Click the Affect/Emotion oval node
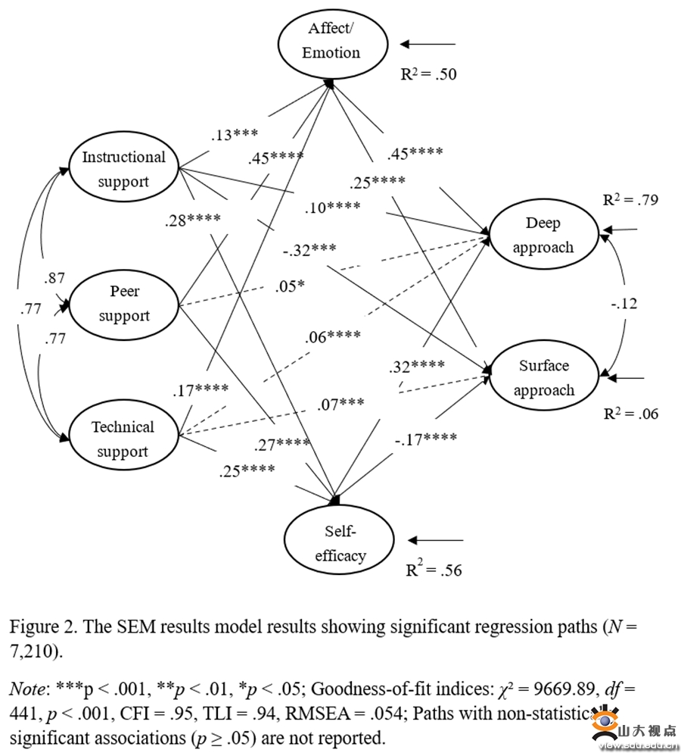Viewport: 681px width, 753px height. coord(331,41)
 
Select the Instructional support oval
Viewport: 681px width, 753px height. coord(123,169)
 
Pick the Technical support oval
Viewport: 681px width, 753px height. coord(123,439)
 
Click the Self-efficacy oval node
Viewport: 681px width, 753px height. coord(340,545)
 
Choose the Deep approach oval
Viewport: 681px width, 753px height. coord(543,234)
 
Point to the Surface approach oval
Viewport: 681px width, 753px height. coord(543,377)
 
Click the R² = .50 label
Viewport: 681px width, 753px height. coord(428,74)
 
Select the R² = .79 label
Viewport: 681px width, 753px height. coord(630,201)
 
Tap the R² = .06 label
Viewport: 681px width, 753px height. coord(630,414)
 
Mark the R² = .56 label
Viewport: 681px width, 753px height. coord(434,570)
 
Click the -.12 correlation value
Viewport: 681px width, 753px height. coord(624,304)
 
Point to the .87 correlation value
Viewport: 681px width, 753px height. coord(54,278)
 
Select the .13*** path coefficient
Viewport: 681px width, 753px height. coord(235,135)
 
